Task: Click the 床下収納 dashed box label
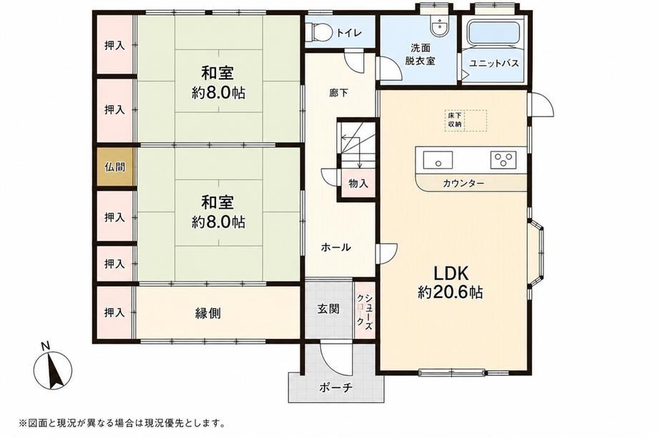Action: pyautogui.click(x=454, y=120)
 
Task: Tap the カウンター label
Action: pyautogui.click(x=463, y=184)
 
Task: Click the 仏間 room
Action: pyautogui.click(x=114, y=167)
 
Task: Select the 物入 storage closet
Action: pyautogui.click(x=358, y=183)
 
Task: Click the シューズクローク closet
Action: pyautogui.click(x=364, y=309)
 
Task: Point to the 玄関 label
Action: pyautogui.click(x=328, y=309)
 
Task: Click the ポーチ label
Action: pyautogui.click(x=335, y=387)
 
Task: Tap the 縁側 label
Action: pyautogui.click(x=208, y=313)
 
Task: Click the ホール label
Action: pyautogui.click(x=335, y=247)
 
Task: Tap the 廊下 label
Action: pyautogui.click(x=338, y=93)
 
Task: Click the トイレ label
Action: pyautogui.click(x=349, y=33)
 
